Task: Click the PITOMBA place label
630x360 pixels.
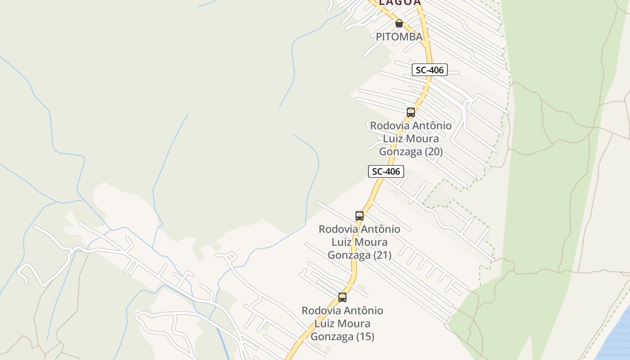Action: click(x=399, y=37)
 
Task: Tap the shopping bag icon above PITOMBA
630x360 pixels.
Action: click(x=399, y=23)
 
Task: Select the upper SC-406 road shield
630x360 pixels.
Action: click(x=430, y=70)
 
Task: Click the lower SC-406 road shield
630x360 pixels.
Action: click(x=386, y=171)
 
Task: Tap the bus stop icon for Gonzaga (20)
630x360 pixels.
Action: click(x=411, y=112)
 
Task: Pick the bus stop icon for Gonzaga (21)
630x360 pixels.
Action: click(x=359, y=216)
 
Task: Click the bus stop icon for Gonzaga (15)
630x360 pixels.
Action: click(x=342, y=297)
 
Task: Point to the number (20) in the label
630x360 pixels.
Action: click(x=434, y=152)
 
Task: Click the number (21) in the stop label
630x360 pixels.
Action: click(x=382, y=255)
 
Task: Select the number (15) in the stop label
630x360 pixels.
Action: click(x=365, y=337)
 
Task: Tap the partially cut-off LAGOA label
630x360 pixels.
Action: click(x=400, y=3)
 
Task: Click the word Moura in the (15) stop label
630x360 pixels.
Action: click(x=355, y=324)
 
